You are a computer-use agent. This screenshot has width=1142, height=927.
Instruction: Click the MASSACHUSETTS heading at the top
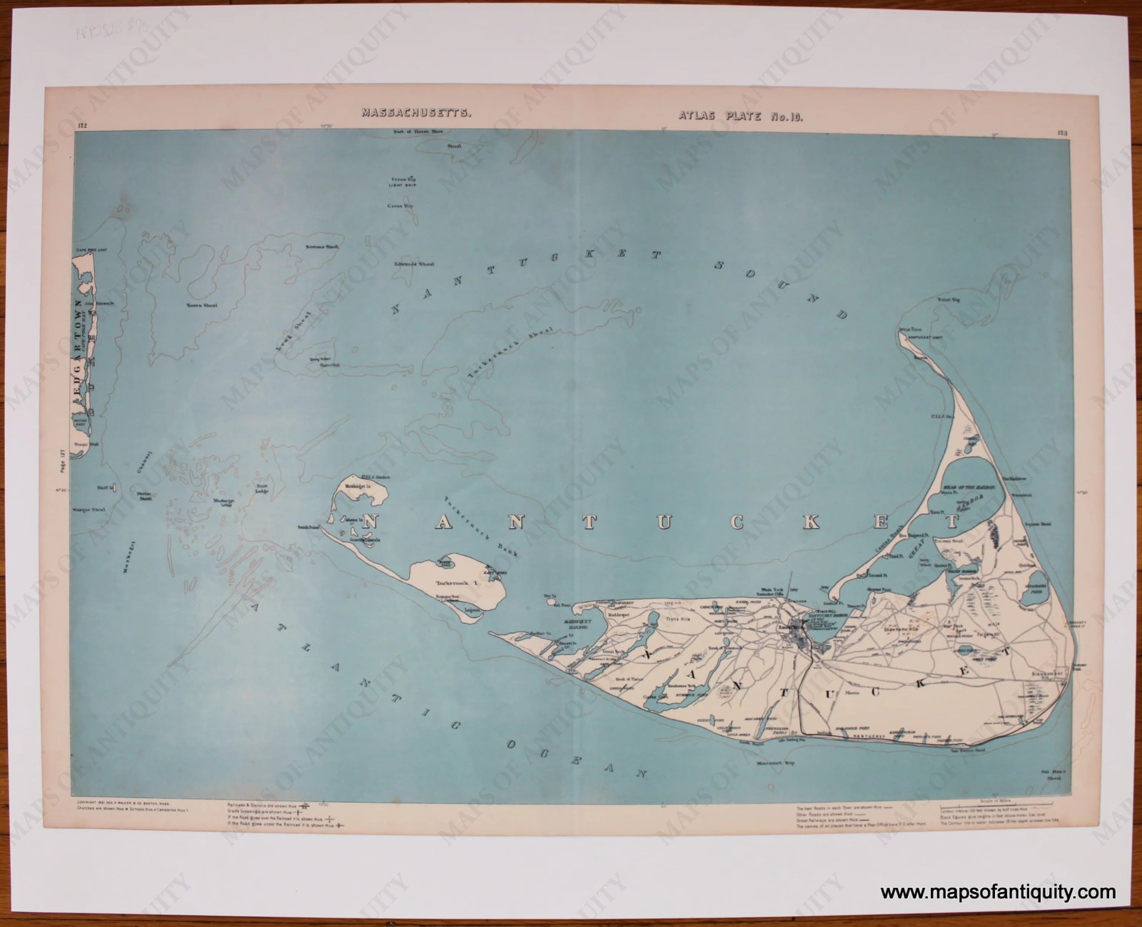[416, 113]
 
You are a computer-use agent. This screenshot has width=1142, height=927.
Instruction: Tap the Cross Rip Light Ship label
[403, 182]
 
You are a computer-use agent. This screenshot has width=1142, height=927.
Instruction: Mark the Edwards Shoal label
[414, 264]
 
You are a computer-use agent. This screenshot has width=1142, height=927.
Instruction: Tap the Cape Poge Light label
[92, 249]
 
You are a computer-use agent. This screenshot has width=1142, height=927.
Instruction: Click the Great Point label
[910, 330]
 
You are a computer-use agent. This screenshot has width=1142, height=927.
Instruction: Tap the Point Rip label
[948, 300]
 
